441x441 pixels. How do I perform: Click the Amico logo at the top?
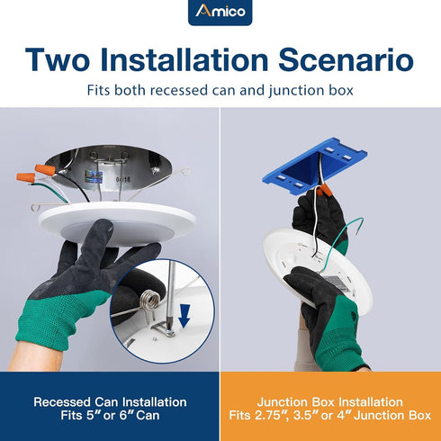(x=220, y=12)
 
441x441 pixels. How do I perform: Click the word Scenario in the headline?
(x=346, y=59)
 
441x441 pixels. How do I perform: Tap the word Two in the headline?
(x=58, y=59)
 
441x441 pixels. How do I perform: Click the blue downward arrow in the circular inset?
(x=184, y=316)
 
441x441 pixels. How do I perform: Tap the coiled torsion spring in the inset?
(x=149, y=301)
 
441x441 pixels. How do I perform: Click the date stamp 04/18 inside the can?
(x=123, y=179)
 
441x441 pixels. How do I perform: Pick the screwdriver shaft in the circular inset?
(x=171, y=295)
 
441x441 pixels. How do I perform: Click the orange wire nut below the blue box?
(x=325, y=190)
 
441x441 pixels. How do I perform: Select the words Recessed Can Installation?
(x=110, y=402)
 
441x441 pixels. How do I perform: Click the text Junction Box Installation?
(x=330, y=402)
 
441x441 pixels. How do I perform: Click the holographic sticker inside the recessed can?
(x=94, y=176)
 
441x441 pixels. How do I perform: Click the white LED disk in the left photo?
(x=118, y=223)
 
